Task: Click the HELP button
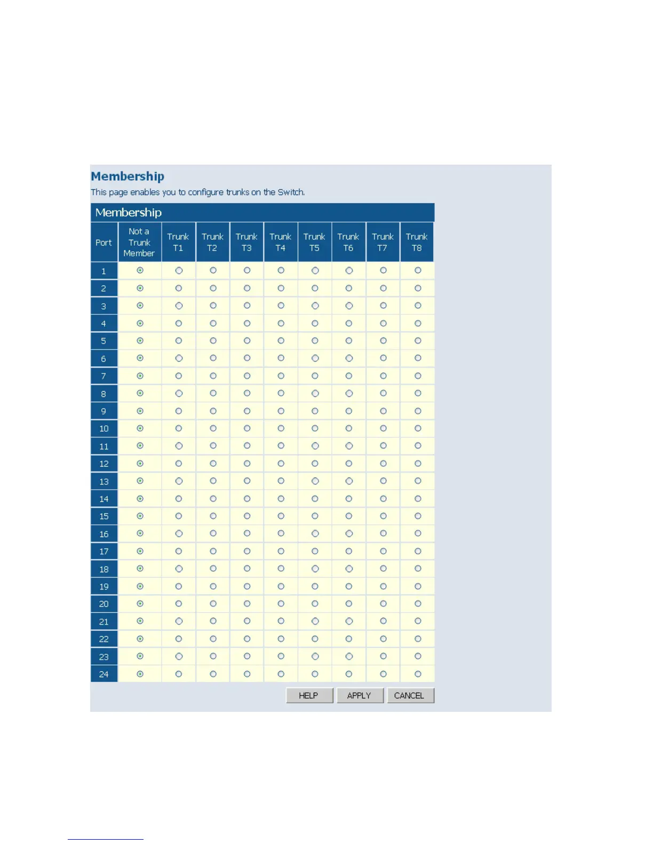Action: coord(309,695)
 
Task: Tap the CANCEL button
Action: coord(409,695)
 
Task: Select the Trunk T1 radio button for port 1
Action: coord(179,271)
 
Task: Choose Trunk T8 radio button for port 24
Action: coord(418,674)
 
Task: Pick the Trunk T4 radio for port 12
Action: coord(281,464)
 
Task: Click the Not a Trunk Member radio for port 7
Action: coord(140,376)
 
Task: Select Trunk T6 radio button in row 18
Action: coord(349,569)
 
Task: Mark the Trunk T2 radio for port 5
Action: coord(213,340)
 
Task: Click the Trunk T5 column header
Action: coord(314,242)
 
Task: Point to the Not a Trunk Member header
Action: coord(139,242)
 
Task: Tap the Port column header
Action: coord(103,242)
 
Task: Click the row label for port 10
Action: coord(103,428)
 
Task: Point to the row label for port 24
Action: coord(103,674)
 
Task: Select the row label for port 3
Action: coord(103,306)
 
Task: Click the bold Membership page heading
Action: coord(128,176)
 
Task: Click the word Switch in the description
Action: coord(290,192)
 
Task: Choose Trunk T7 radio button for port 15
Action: coord(383,516)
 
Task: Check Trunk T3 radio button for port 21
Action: coord(247,621)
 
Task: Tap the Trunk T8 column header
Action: coord(417,242)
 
